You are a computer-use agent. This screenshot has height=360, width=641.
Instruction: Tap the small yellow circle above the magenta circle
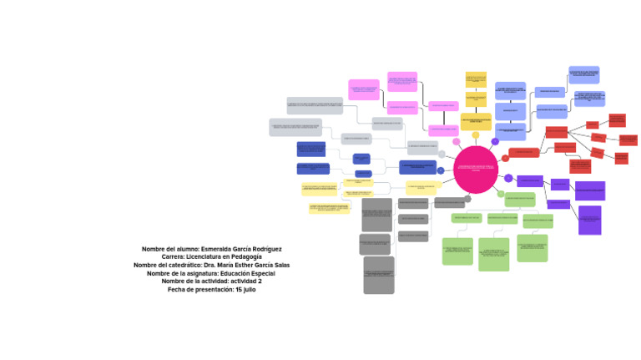[476, 135]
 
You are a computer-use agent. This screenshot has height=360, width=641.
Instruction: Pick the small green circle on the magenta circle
[500, 193]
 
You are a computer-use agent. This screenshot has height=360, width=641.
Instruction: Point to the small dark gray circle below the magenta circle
[467, 198]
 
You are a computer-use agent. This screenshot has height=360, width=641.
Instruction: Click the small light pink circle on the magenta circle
[457, 142]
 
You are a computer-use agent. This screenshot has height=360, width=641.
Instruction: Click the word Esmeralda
[219, 249]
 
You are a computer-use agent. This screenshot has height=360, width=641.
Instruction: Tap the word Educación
[222, 273]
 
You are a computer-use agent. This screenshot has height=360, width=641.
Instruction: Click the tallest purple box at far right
[589, 220]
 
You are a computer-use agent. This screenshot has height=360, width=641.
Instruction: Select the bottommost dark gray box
[379, 276]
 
